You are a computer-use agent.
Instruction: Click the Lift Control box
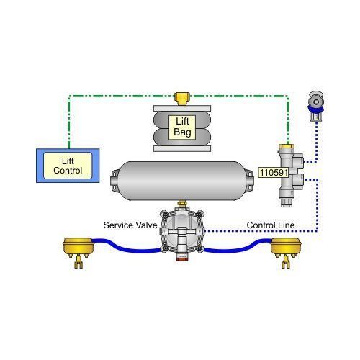coord(68,166)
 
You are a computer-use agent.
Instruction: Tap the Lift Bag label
coord(182,127)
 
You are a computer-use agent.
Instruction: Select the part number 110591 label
coord(274,172)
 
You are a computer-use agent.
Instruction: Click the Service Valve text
coord(130,225)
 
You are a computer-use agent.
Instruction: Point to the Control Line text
coord(271,225)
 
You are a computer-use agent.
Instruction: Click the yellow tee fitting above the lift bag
coord(182,98)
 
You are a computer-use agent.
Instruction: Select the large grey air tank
coord(182,181)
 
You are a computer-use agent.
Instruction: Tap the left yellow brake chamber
coord(78,247)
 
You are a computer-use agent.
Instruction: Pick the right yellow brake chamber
coord(286,247)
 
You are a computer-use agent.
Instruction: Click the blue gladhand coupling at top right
coord(316,106)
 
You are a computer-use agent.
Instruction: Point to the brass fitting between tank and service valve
coord(182,204)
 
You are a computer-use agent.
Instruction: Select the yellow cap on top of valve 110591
coord(287,146)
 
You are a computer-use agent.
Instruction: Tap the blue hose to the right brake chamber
coord(238,246)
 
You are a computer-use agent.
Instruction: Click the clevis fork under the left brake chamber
coord(78,262)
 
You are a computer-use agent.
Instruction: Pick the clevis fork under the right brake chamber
coord(286,262)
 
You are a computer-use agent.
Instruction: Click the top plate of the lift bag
coord(182,108)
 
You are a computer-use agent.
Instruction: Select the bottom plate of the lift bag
coord(182,149)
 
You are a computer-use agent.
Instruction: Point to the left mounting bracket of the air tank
coord(114,181)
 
